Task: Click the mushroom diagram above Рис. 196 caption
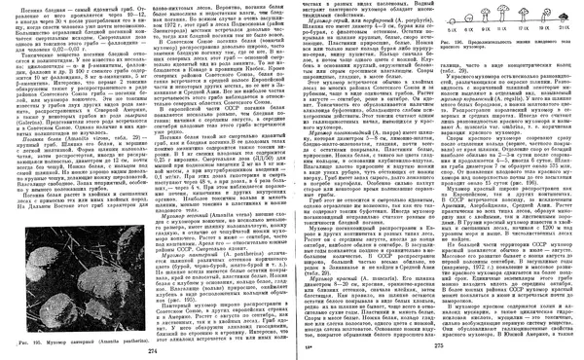(x=506, y=18)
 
